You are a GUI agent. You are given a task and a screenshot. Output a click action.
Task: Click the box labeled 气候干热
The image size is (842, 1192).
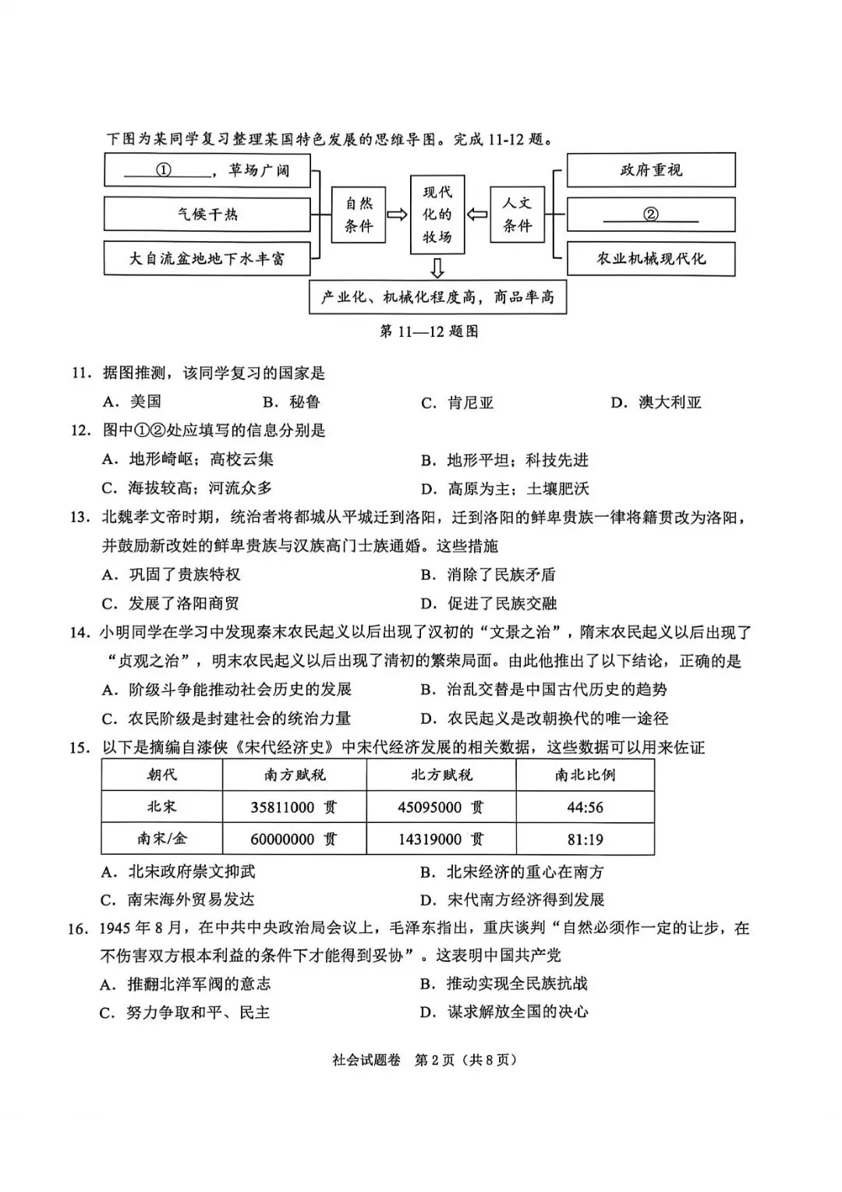click(x=207, y=215)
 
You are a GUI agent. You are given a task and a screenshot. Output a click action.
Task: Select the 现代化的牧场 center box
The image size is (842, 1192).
click(x=437, y=215)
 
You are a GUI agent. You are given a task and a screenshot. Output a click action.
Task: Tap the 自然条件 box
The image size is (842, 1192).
click(x=359, y=215)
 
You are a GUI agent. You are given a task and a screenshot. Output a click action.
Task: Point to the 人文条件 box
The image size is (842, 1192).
click(x=517, y=215)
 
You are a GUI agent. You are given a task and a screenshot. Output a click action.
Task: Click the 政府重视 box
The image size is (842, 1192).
click(x=650, y=170)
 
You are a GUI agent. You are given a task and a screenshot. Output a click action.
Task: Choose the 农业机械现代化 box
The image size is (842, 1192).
click(x=650, y=259)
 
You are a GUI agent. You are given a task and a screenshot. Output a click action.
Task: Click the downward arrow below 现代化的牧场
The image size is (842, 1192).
click(x=437, y=268)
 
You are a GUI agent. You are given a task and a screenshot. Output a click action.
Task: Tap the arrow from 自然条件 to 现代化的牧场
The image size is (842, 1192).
click(x=397, y=215)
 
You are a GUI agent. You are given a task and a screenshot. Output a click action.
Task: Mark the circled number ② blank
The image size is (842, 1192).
click(x=650, y=215)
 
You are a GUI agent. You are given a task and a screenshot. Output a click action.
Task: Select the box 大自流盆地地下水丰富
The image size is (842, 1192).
click(x=207, y=259)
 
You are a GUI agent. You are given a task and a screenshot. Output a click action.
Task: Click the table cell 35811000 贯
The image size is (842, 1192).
click(x=294, y=807)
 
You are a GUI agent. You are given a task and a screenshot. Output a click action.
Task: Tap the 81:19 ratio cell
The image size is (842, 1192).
click(x=585, y=840)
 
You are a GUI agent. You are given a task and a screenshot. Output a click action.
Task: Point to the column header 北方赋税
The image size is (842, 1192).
click(x=441, y=775)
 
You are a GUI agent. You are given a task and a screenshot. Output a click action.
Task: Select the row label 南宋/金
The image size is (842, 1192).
click(x=162, y=839)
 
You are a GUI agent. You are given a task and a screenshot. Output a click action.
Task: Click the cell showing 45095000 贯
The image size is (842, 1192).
click(x=440, y=807)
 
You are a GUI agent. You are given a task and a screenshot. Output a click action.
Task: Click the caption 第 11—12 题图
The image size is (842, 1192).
click(x=429, y=332)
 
